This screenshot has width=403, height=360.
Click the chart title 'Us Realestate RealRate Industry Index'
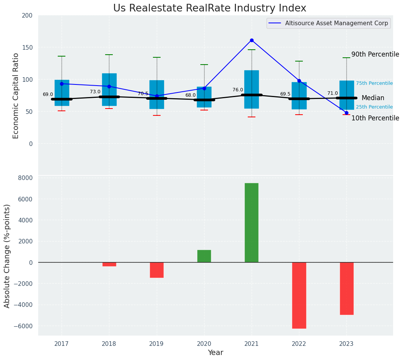210,8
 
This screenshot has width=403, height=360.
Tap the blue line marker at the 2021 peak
252,40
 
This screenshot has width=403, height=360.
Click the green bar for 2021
252,222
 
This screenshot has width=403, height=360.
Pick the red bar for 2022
299,295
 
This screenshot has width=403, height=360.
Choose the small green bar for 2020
204,256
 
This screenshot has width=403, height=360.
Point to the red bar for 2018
109,264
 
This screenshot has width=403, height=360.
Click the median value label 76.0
238,90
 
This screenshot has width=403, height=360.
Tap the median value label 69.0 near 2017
48,94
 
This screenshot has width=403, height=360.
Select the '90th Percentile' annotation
375,55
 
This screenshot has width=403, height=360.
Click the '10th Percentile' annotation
375,118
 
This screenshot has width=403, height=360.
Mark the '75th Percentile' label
374,83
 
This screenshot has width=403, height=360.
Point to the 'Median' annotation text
373,98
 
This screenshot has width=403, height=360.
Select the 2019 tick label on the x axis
157,344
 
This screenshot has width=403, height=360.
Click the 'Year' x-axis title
216,353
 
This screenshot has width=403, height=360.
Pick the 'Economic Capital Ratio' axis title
16,96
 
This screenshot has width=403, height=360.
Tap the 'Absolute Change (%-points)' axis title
7,256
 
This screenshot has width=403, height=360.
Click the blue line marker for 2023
346,113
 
